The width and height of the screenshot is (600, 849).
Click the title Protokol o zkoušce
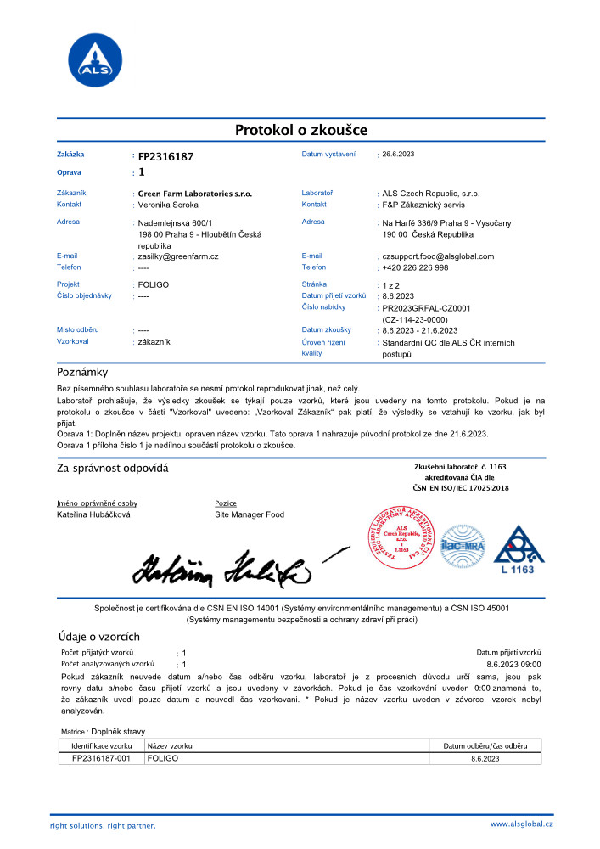pyautogui.click(x=300, y=130)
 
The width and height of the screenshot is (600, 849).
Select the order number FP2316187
pyautogui.click(x=166, y=156)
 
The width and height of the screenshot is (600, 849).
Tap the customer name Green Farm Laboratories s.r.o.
pyautogui.click(x=195, y=194)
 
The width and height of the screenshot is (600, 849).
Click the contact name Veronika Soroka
pyautogui.click(x=168, y=205)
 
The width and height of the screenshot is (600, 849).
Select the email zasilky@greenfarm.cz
pyautogui.click(x=178, y=256)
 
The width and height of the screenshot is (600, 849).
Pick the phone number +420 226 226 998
pyautogui.click(x=415, y=267)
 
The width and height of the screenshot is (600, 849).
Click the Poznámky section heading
pyautogui.click(x=82, y=372)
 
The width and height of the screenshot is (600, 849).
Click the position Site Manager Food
pyautogui.click(x=250, y=514)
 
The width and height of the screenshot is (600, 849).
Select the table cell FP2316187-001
pyautogui.click(x=100, y=758)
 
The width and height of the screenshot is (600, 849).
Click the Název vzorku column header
pyautogui.click(x=170, y=745)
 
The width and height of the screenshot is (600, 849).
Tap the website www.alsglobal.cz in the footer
pyautogui.click(x=521, y=824)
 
